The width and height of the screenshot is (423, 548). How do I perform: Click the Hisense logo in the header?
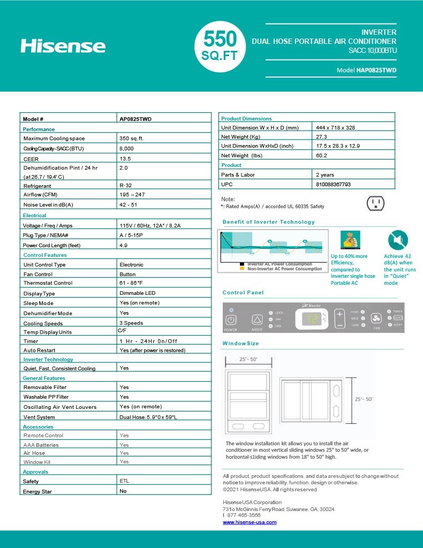point(63,45)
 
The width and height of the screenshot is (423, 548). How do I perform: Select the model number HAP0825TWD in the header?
point(376,70)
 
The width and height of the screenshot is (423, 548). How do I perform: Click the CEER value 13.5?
point(125,159)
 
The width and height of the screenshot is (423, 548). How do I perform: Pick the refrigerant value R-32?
point(125,186)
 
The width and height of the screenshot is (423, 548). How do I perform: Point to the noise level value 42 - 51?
point(129,205)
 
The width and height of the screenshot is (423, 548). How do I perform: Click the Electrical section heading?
point(34,216)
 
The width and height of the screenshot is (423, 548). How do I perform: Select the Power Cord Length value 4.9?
point(123,245)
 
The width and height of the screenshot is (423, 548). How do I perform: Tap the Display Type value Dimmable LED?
point(137,293)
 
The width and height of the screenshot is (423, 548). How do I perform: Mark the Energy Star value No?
point(123,491)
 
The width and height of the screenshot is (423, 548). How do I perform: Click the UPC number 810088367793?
point(333,184)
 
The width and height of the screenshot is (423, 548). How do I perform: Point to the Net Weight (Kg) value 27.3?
point(321,137)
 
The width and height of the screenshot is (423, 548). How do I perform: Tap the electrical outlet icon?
point(375,203)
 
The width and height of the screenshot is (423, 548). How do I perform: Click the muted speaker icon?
point(398,240)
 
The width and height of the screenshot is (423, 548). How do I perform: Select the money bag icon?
point(351,239)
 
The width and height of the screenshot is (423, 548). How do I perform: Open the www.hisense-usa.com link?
point(250,522)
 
